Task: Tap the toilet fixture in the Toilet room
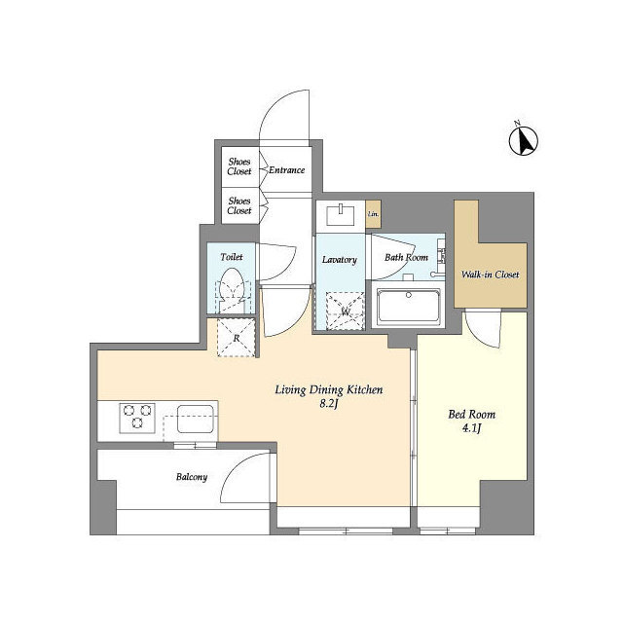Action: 232,290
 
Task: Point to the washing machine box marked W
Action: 345,312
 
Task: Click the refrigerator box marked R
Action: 236,339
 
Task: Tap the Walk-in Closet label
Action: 490,275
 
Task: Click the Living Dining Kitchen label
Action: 328,390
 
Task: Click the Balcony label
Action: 191,478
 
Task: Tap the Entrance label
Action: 286,170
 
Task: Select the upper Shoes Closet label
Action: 239,166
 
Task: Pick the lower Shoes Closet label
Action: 239,205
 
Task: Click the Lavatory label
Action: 340,260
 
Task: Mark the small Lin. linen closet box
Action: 373,214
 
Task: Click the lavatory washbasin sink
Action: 342,212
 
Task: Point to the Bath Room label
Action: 406,258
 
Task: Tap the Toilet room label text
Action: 231,257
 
